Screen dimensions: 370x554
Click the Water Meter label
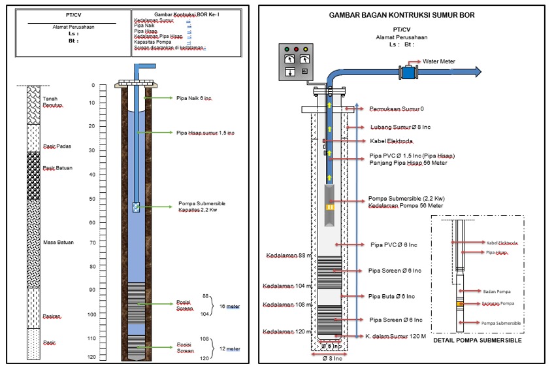tap(438, 61)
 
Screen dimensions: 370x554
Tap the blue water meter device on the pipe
tap(410, 71)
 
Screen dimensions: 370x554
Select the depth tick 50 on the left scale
tap(92, 198)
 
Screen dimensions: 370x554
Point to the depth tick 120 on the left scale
tap(92, 357)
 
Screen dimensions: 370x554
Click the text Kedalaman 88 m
tap(286, 255)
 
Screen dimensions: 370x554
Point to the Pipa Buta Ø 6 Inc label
tap(392, 296)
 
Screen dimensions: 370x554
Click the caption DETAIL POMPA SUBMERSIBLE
tap(476, 341)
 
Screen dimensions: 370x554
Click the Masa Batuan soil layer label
tap(58, 243)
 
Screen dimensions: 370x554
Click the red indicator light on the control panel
tap(297, 49)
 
